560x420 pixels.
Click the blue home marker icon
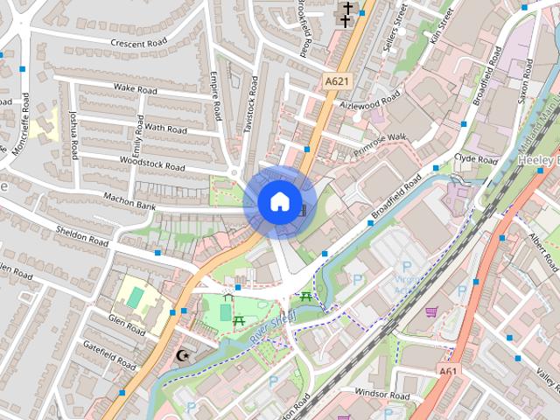279,202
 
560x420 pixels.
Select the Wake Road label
136,89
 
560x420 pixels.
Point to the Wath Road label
165,128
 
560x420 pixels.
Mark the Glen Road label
128,325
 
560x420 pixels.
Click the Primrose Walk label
381,143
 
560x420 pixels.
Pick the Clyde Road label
475,161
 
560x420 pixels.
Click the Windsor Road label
383,396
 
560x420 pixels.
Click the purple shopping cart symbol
430,311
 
